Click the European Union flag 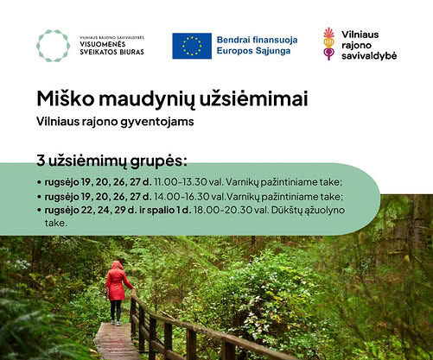[192, 46]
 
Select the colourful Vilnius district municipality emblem [328, 44]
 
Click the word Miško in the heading [66, 99]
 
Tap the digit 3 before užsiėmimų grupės [41, 161]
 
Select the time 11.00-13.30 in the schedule [181, 182]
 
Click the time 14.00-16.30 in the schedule [181, 197]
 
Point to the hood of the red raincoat [117, 265]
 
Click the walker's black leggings [116, 310]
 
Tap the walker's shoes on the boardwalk [116, 323]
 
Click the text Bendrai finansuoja [257, 40]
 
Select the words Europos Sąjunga [253, 51]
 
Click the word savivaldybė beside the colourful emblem [369, 55]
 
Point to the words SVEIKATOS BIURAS [111, 52]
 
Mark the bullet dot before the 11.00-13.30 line [39, 182]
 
